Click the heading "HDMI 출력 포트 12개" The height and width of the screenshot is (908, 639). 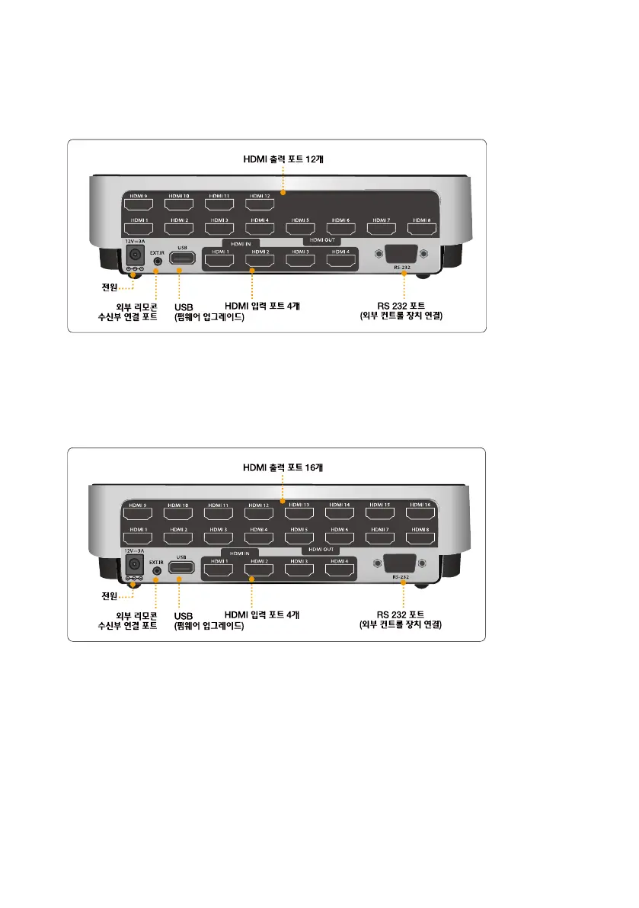click(283, 159)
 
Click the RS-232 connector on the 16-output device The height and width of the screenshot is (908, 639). click(400, 565)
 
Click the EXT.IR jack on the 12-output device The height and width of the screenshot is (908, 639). click(158, 260)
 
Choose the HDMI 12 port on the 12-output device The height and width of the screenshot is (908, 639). click(260, 204)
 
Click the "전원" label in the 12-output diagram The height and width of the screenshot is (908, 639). click(112, 287)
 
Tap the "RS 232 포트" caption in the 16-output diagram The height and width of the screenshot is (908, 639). click(400, 614)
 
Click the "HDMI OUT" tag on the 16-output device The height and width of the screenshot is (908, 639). click(321, 549)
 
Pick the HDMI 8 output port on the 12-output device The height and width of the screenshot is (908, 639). click(420, 228)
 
